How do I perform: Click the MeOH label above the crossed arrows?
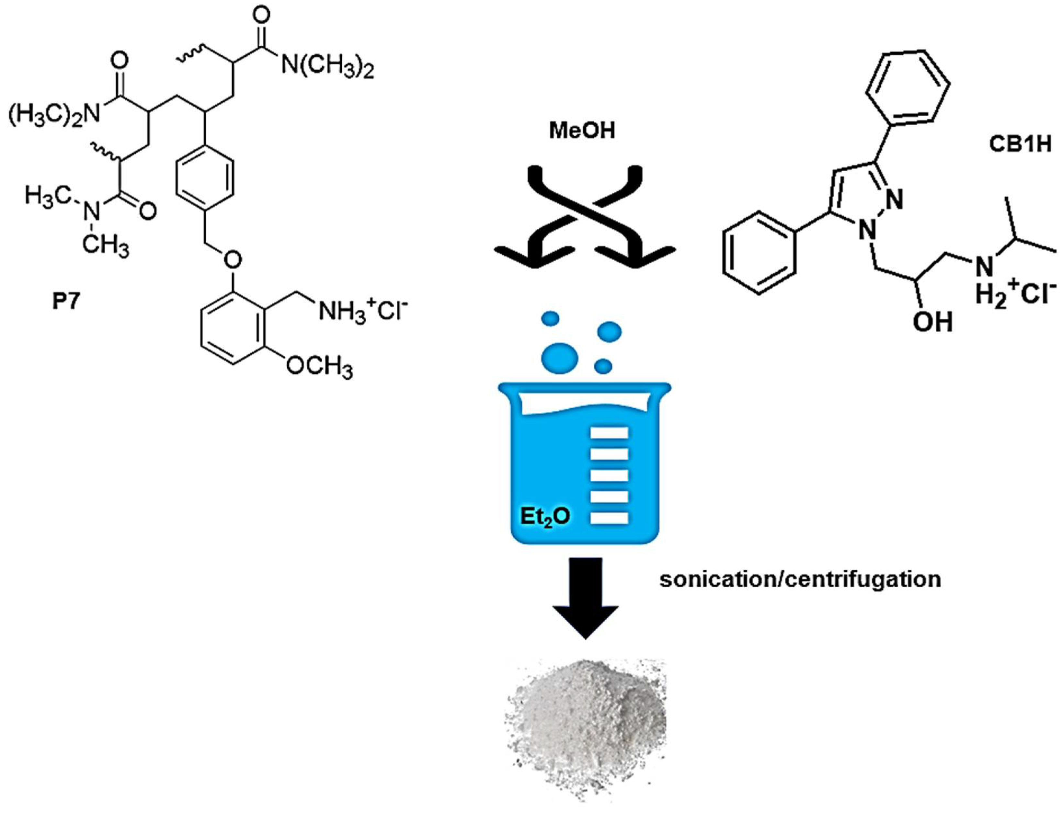582,131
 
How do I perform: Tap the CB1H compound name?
1020,144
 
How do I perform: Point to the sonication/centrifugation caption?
800,579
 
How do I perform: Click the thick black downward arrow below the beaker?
586,598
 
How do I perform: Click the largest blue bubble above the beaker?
559,358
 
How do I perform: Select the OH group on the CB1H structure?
932,322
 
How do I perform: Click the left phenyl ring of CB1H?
759,253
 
